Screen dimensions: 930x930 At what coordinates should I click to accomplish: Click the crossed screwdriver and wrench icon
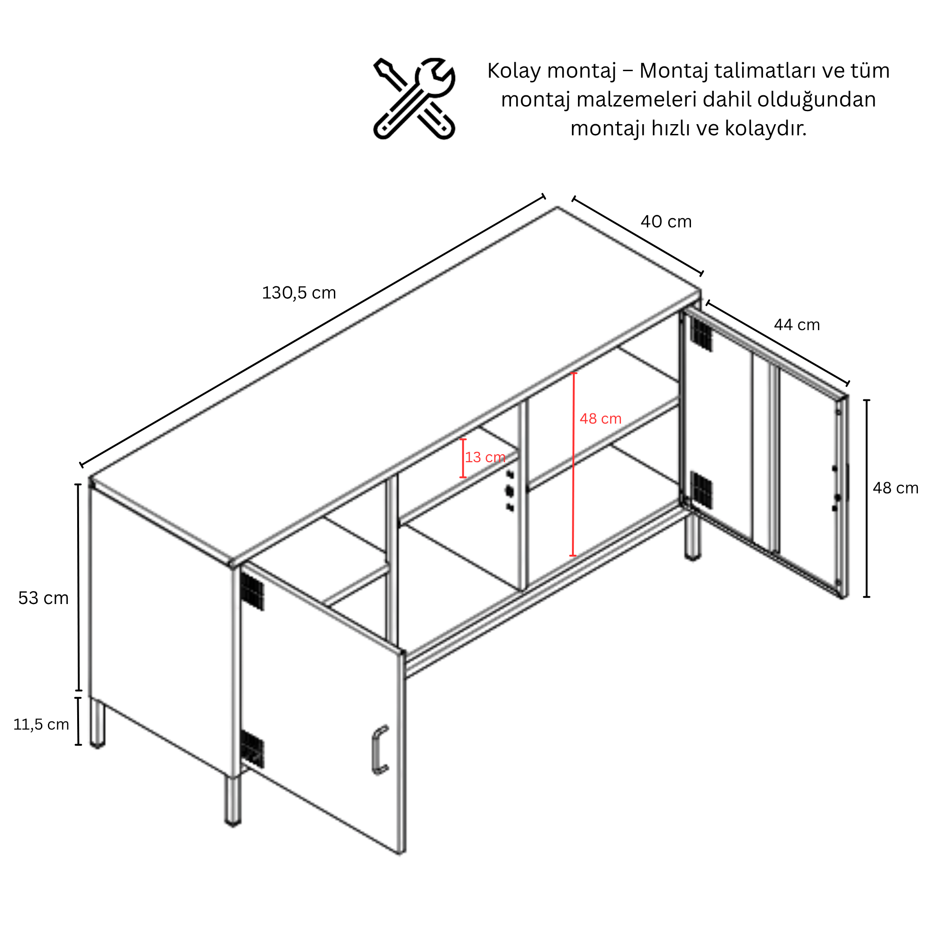(414, 99)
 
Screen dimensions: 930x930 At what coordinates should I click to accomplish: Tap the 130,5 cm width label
(299, 292)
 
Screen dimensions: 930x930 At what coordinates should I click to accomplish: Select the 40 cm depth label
(666, 221)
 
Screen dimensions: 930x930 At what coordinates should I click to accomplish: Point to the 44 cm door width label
(797, 325)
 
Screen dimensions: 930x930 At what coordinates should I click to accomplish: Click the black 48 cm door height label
(895, 488)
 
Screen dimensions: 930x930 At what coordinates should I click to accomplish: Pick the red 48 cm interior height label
(600, 418)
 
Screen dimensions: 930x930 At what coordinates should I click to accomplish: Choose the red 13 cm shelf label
(485, 457)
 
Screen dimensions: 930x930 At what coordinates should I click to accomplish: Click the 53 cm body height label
(43, 598)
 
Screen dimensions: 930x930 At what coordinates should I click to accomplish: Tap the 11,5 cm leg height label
(41, 724)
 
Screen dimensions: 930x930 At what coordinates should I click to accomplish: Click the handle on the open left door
(379, 751)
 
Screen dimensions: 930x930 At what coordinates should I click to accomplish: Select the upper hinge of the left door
(252, 591)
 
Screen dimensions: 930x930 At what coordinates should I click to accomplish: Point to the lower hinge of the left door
(252, 749)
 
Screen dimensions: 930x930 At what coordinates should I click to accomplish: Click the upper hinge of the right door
(701, 334)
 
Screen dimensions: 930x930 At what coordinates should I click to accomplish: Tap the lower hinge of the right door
(701, 490)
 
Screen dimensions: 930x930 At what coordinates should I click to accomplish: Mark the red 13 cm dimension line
(463, 458)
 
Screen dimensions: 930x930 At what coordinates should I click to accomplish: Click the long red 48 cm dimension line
(573, 465)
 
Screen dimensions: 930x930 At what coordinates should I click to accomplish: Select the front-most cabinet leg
(233, 802)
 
